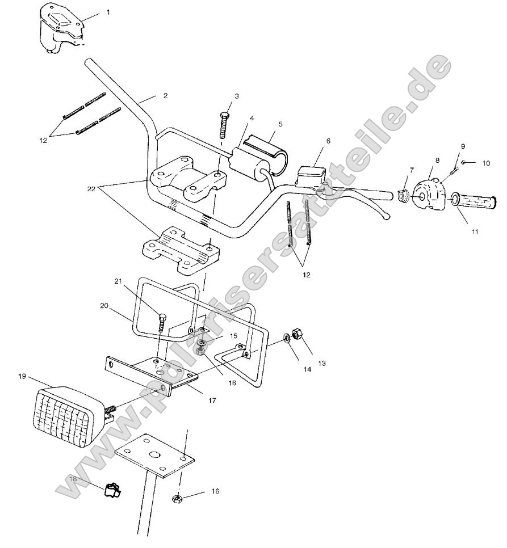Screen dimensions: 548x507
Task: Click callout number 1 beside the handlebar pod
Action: tap(108, 12)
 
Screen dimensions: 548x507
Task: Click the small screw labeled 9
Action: tap(454, 169)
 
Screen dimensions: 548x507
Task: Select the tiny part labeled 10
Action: tap(464, 162)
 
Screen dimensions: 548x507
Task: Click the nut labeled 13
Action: tap(296, 333)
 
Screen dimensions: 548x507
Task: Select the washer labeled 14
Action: tap(287, 339)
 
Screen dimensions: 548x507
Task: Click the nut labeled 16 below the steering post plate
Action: tap(177, 499)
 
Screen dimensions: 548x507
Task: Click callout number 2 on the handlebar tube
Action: tap(165, 96)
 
